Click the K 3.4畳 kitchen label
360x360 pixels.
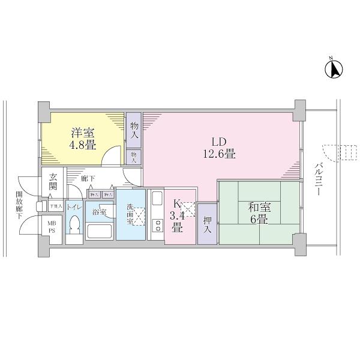coord(176,216)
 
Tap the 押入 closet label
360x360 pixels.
coord(207,224)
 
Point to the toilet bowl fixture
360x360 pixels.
coord(74,227)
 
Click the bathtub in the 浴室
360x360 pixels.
coord(100,231)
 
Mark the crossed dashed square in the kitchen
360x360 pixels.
coord(188,209)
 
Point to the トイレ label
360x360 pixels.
coord(74,206)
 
